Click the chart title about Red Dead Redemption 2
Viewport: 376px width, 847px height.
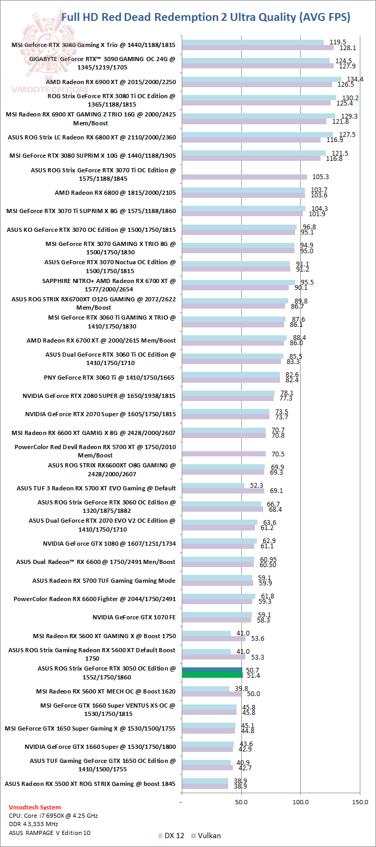(x=206, y=17)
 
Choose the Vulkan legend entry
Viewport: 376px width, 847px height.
(x=206, y=836)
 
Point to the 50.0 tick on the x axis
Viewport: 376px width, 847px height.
(x=241, y=802)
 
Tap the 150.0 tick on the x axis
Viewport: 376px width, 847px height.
(x=360, y=802)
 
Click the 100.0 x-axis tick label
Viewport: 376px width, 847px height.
(x=300, y=802)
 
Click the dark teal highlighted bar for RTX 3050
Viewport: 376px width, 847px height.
(x=211, y=671)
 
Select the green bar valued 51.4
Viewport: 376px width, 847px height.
(x=212, y=676)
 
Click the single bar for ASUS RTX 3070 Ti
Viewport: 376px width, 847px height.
(x=244, y=177)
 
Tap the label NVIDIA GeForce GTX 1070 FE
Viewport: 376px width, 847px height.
(x=134, y=617)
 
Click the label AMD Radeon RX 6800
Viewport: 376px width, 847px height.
(x=115, y=193)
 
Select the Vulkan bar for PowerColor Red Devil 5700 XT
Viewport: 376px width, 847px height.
(x=224, y=454)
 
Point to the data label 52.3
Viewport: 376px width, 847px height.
(x=256, y=486)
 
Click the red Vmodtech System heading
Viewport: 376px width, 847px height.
(x=35, y=807)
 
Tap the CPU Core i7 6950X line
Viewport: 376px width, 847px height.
(x=53, y=816)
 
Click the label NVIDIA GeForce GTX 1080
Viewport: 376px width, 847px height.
(x=109, y=544)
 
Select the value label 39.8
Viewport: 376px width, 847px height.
(x=241, y=689)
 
